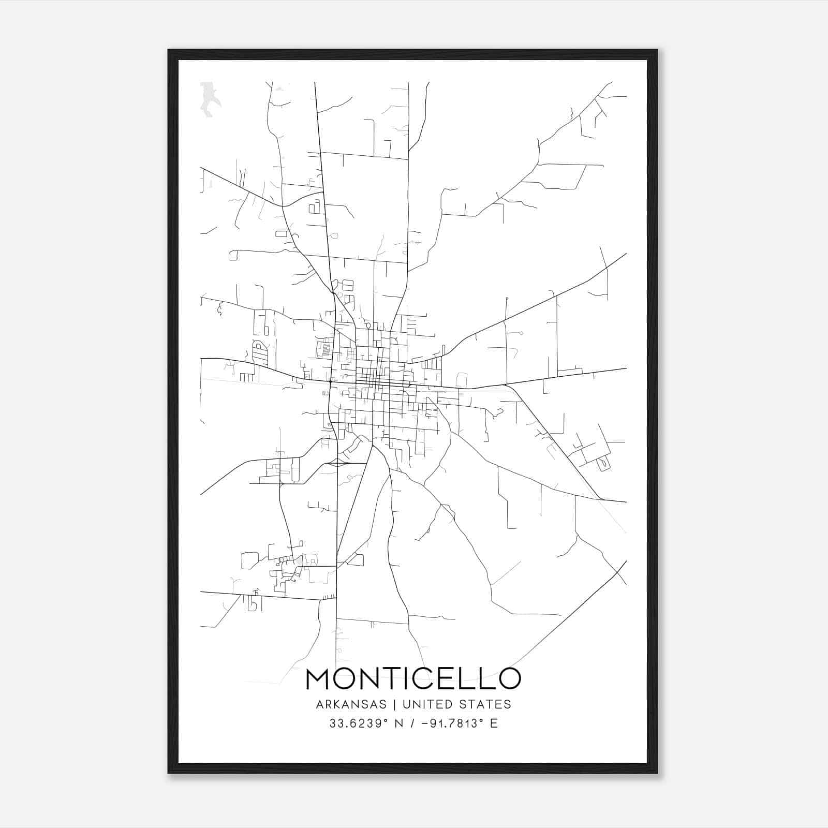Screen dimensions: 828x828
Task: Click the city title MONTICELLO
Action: point(413,679)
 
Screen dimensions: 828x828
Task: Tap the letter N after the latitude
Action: point(399,723)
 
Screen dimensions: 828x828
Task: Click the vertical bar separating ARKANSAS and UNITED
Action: point(394,704)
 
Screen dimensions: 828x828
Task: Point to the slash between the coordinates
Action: point(413,723)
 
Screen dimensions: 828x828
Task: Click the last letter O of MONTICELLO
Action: point(509,679)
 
